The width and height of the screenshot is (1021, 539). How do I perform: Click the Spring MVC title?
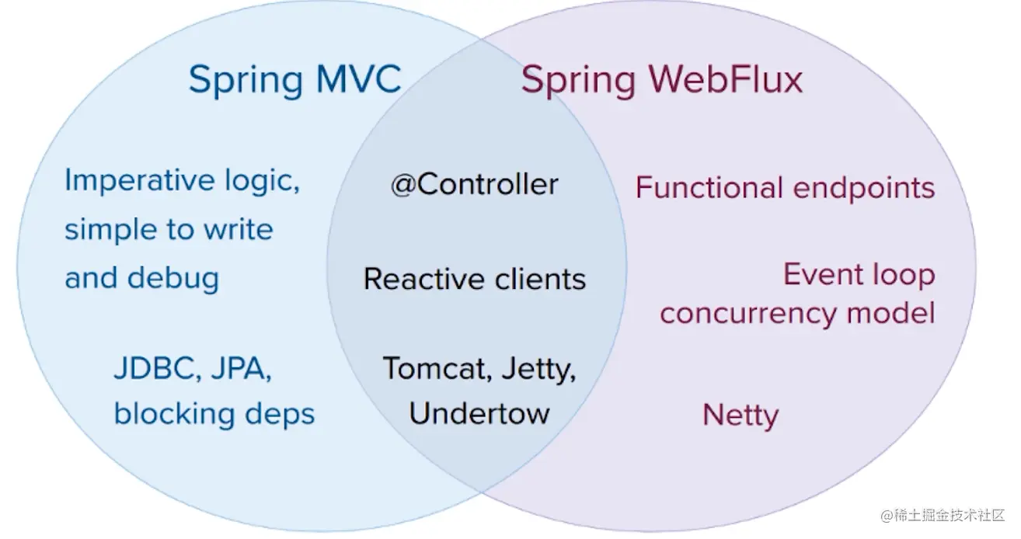[295, 81]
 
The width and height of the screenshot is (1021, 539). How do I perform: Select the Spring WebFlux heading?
[661, 81]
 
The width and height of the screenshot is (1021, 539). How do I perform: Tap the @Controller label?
[475, 185]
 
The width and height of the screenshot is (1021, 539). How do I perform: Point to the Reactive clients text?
[475, 279]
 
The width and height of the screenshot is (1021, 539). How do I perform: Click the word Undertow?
[479, 413]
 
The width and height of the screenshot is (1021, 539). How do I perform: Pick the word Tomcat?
[437, 368]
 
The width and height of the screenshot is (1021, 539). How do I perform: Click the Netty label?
[740, 416]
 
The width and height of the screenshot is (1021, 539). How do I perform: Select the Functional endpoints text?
[785, 188]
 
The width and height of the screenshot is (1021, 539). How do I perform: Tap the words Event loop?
[859, 275]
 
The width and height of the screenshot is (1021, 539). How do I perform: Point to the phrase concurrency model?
[798, 314]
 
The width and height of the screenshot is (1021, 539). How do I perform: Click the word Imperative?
[140, 181]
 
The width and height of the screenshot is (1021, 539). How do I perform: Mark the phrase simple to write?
[169, 229]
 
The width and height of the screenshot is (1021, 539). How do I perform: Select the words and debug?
[141, 278]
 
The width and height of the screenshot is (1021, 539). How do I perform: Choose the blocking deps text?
[214, 414]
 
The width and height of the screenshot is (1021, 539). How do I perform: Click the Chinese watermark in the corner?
[943, 515]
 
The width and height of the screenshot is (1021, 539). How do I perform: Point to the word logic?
[262, 181]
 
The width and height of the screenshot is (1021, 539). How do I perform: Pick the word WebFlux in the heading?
[726, 79]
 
